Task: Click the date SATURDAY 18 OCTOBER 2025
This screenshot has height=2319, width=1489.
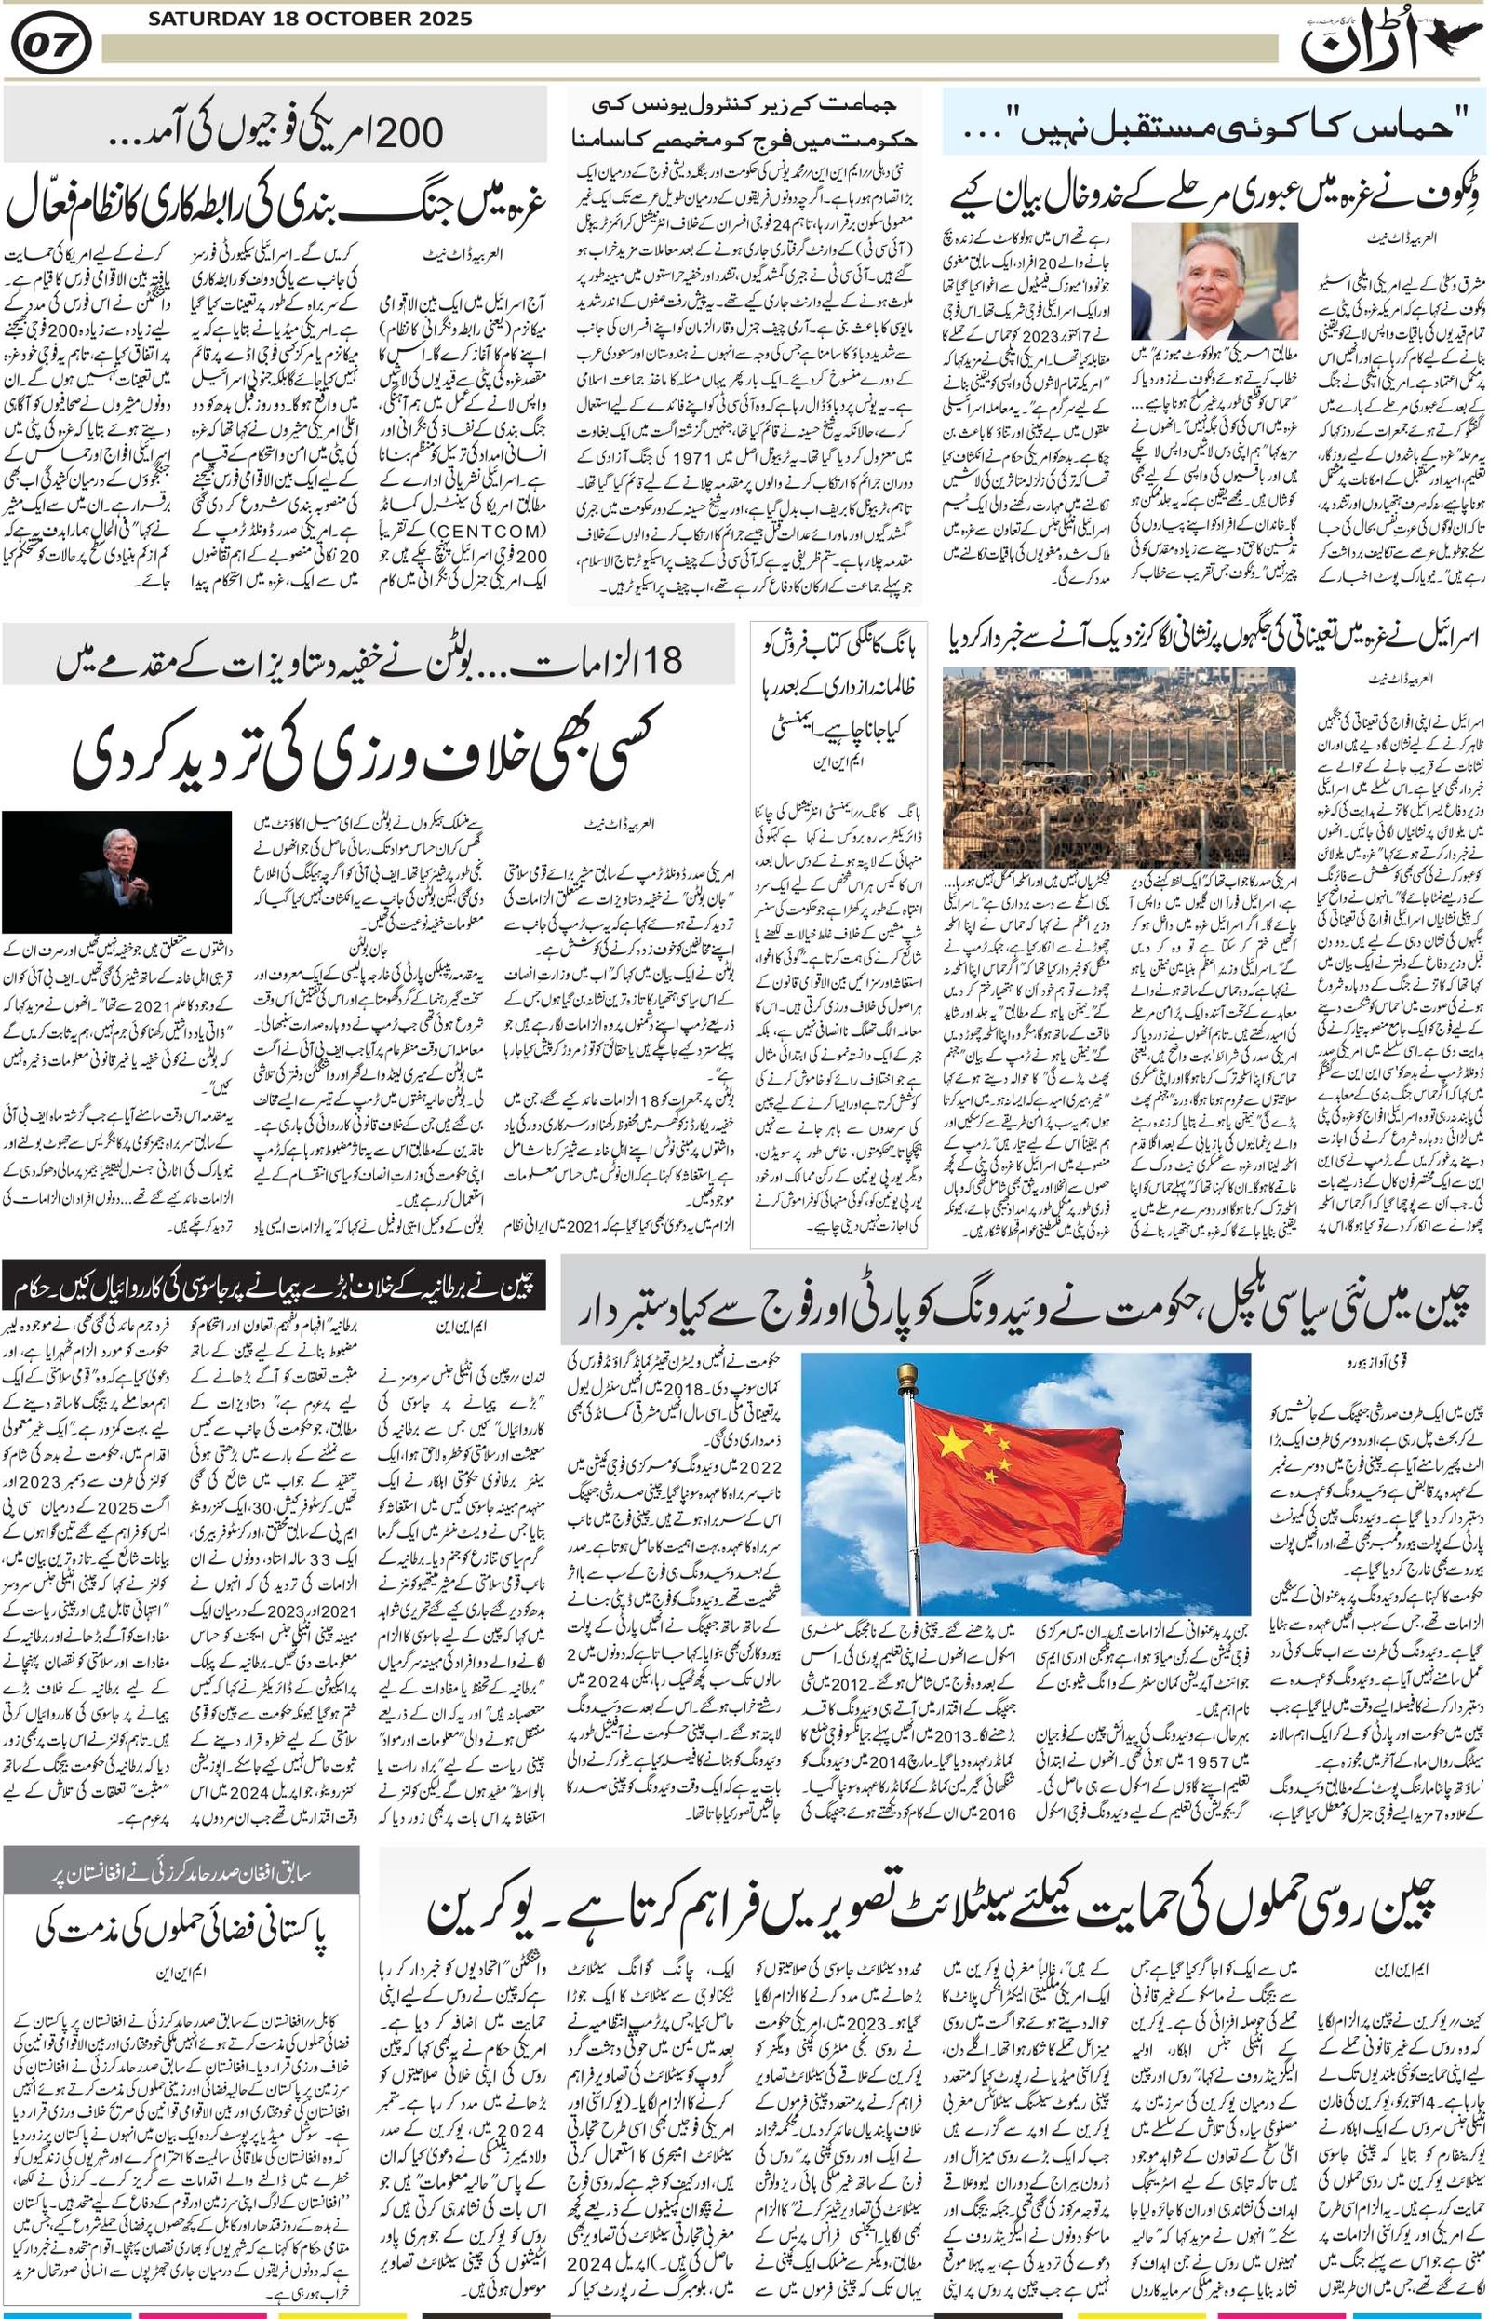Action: (x=308, y=19)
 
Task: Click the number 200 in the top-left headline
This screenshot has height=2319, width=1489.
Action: (x=405, y=130)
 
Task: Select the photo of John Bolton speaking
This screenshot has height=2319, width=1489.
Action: (x=117, y=871)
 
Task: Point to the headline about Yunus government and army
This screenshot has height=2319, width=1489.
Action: (x=744, y=123)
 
